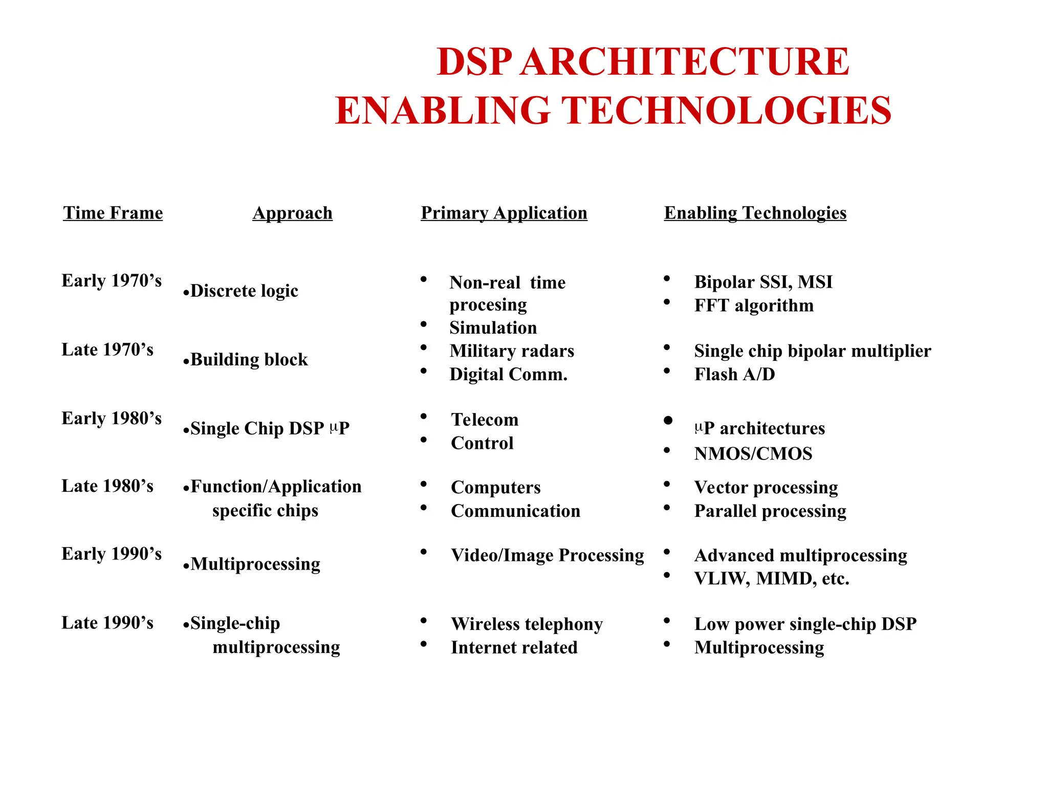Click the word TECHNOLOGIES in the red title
727,111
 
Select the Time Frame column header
113,213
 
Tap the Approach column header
292,213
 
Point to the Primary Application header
504,213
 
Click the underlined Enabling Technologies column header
755,213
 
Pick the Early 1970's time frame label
112,280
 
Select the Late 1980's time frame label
107,486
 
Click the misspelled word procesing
488,305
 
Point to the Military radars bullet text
512,351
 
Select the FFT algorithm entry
753,305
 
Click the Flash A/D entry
734,375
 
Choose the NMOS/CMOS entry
753,454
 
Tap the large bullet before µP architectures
668,421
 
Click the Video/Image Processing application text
547,555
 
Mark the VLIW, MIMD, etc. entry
771,579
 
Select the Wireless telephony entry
527,624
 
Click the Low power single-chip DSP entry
805,624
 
